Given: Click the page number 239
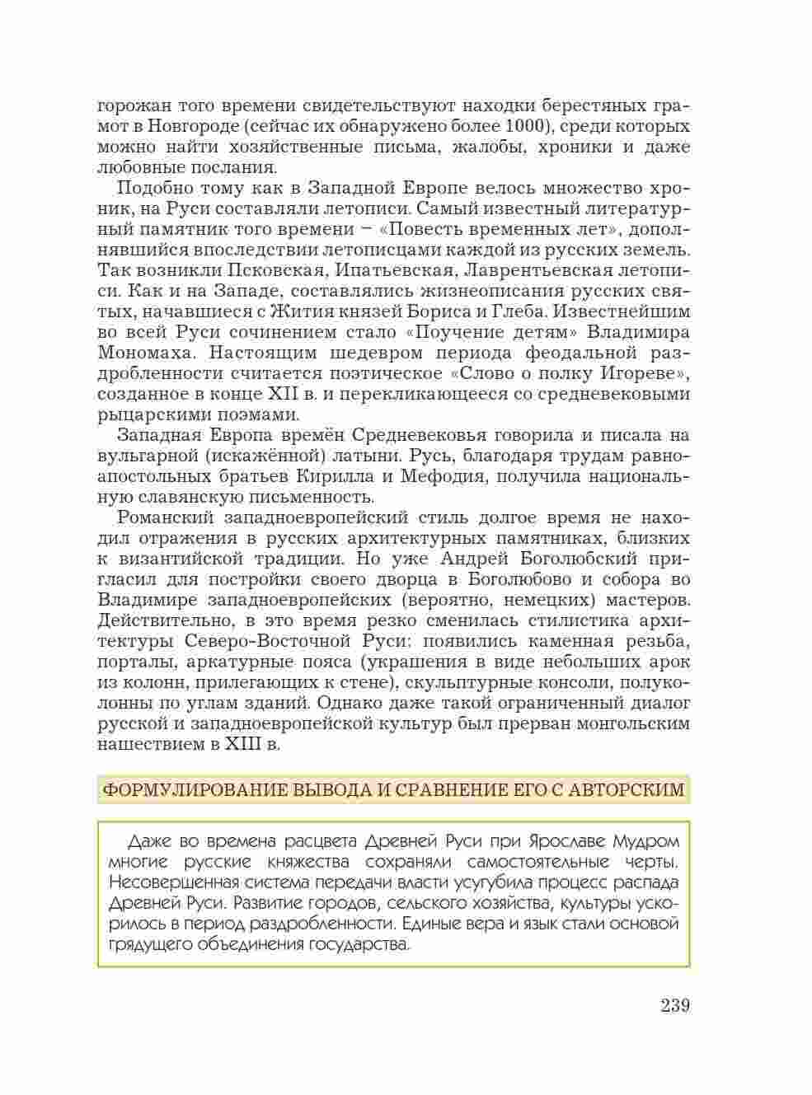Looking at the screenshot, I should point(674,1006).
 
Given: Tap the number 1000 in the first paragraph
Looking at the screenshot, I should point(524,127).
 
